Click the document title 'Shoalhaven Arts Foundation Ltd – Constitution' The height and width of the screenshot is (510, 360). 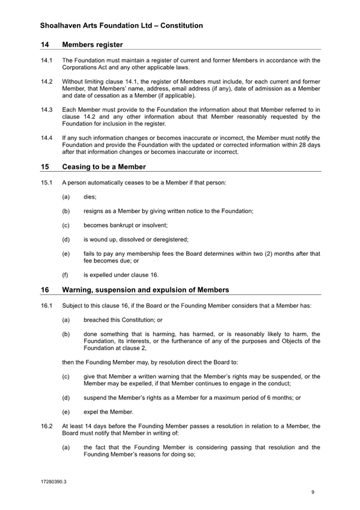(x=121, y=26)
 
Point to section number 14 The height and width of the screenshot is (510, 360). (x=45, y=44)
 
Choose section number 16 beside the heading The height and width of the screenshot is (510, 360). (x=45, y=290)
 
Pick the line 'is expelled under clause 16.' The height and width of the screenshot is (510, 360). (x=121, y=275)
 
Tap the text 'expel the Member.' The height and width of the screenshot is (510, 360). (x=108, y=411)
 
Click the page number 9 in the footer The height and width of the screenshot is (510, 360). (x=313, y=493)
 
